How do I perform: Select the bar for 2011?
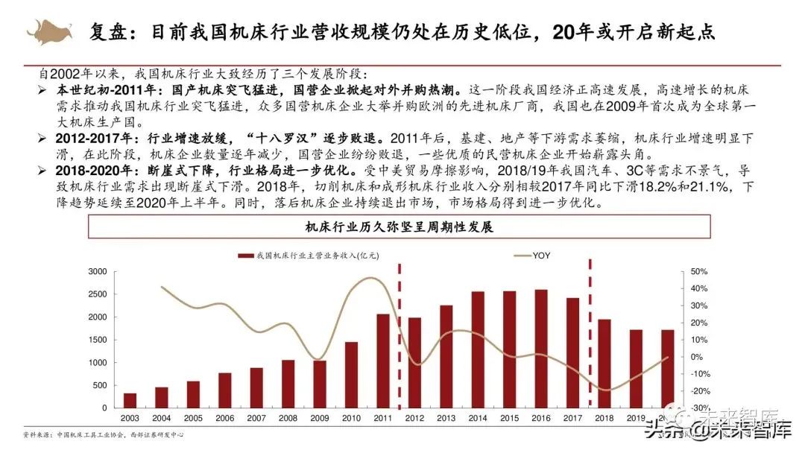click(x=382, y=361)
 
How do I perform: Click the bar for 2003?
click(x=130, y=401)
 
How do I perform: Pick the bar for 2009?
click(x=319, y=384)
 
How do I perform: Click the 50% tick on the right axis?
click(x=698, y=272)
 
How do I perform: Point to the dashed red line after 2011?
click(x=399, y=335)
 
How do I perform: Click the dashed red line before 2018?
click(x=590, y=335)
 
